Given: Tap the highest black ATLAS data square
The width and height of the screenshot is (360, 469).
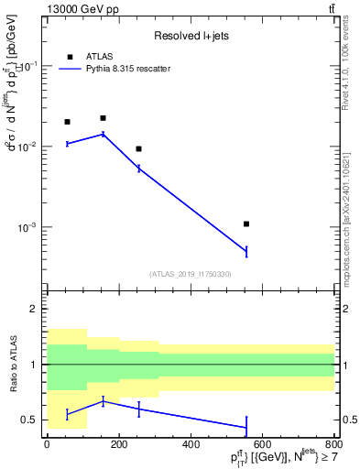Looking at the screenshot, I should (x=103, y=118).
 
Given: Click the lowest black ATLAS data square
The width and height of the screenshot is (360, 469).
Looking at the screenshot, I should (x=246, y=224).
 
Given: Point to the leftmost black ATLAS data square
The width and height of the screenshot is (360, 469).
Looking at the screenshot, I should (x=67, y=122).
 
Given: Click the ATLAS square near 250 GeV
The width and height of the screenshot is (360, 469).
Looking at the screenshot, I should (x=138, y=148).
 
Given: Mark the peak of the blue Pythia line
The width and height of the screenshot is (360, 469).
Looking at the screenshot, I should (x=103, y=134).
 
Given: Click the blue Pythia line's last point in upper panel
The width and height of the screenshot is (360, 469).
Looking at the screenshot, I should (x=246, y=251).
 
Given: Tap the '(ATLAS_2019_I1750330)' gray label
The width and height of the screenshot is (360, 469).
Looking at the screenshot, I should (x=190, y=274).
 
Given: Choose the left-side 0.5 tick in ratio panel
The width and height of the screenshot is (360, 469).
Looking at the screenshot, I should (x=31, y=420).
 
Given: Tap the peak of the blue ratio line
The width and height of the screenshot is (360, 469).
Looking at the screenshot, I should (x=103, y=401).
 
